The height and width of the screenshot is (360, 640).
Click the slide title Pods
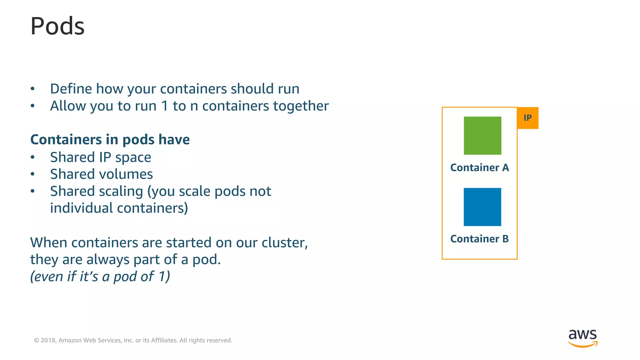coord(57,26)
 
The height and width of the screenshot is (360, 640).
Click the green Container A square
coord(482,135)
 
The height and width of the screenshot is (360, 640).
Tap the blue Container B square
coord(482,207)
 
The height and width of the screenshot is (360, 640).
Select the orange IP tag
coord(527,118)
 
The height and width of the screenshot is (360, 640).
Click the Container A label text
coord(479,168)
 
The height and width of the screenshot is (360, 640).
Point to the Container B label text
coord(479,239)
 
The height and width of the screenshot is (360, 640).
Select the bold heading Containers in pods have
coord(110,140)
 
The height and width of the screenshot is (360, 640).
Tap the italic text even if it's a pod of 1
coord(100,277)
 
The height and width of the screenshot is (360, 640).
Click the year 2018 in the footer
coord(48,340)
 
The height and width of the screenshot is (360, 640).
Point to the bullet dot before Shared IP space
coord(32,157)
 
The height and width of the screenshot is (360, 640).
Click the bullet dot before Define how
coord(32,89)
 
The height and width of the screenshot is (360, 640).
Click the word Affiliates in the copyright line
coord(164,340)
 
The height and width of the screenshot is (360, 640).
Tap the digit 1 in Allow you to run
coord(165,106)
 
